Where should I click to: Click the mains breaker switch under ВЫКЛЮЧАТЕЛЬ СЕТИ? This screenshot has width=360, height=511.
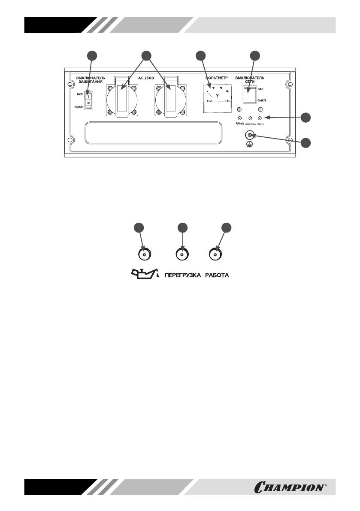[x=249, y=95]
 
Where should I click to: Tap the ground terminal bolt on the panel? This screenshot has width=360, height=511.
[x=249, y=136]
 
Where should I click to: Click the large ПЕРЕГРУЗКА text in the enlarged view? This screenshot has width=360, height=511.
[x=183, y=275]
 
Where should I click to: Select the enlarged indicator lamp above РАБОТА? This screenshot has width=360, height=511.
[x=215, y=254]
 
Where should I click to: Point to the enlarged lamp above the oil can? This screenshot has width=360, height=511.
[x=144, y=254]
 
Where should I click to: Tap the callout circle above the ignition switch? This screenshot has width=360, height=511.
[x=91, y=55]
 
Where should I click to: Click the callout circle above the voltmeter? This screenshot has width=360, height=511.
[x=200, y=55]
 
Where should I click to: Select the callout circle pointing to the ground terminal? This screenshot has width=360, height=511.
[x=306, y=143]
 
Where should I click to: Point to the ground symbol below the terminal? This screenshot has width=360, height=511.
[x=249, y=145]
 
